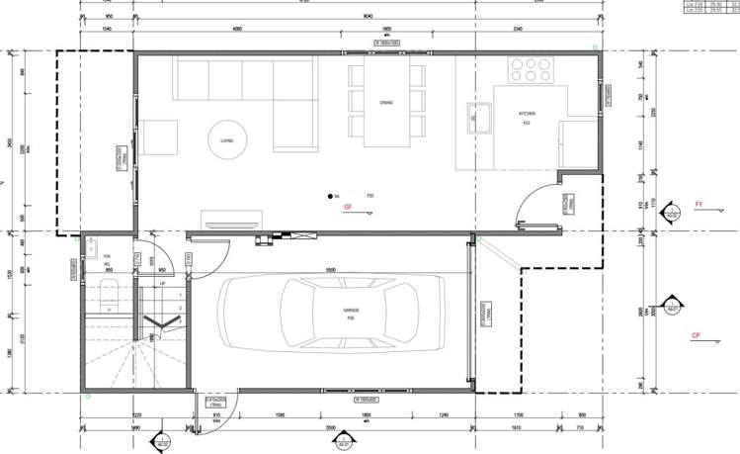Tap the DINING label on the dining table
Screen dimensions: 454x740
pos(386,102)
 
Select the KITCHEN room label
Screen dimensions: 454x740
pos(527,115)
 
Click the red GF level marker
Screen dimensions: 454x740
pos(348,207)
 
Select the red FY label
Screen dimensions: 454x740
pos(699,205)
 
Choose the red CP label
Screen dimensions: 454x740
pos(697,335)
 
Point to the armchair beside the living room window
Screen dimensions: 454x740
pos(157,137)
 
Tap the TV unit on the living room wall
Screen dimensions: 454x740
pos(229,220)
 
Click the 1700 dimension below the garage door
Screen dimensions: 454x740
pos(519,416)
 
